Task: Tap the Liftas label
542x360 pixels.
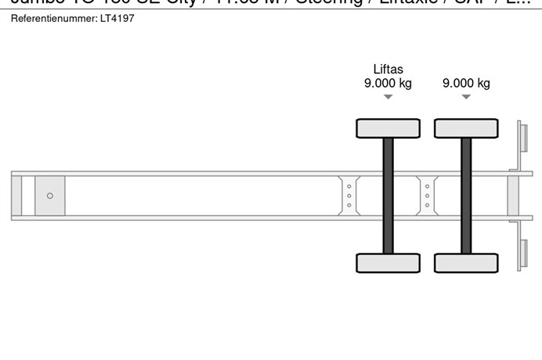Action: (388, 70)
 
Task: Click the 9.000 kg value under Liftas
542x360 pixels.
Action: (388, 84)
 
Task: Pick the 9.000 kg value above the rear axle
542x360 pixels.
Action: (466, 84)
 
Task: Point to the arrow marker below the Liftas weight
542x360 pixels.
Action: (388, 97)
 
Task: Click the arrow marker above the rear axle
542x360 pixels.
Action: (466, 97)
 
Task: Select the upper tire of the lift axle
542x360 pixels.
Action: (388, 128)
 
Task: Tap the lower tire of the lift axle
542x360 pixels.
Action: (388, 263)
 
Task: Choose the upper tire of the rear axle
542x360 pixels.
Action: (466, 128)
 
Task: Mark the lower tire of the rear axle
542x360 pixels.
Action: (466, 263)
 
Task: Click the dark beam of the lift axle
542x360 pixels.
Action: (388, 196)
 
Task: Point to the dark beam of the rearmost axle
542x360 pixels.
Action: (466, 196)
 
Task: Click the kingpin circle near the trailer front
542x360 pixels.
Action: (50, 196)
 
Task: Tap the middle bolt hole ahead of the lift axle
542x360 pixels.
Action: (349, 196)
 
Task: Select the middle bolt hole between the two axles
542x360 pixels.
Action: (427, 196)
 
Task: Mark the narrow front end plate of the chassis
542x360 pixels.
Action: (16, 196)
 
